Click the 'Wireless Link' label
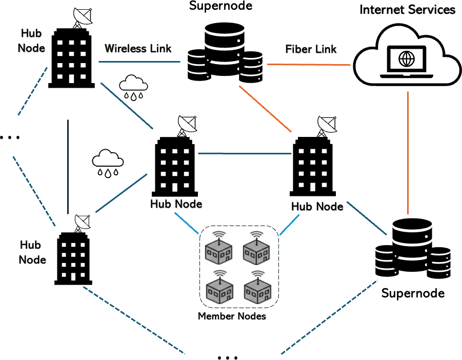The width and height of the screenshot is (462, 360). (x=138, y=49)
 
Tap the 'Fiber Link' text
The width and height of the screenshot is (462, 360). (x=311, y=49)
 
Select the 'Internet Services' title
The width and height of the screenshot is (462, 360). (x=408, y=10)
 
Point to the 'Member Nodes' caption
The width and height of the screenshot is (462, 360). (x=232, y=316)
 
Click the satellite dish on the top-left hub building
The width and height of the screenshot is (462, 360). (x=82, y=17)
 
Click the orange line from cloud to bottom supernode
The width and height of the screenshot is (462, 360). (x=408, y=153)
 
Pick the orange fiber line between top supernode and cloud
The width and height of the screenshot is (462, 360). (x=309, y=64)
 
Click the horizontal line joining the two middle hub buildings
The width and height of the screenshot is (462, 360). (x=245, y=153)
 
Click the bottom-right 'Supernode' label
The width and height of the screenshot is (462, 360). (x=413, y=293)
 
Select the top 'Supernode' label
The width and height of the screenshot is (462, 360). (x=220, y=6)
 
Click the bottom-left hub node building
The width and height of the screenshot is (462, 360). (x=73, y=258)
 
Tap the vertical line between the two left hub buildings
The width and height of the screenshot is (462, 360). (x=68, y=167)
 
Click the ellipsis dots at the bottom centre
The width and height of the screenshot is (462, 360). (x=228, y=357)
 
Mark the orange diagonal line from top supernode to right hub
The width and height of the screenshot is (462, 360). (x=265, y=109)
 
